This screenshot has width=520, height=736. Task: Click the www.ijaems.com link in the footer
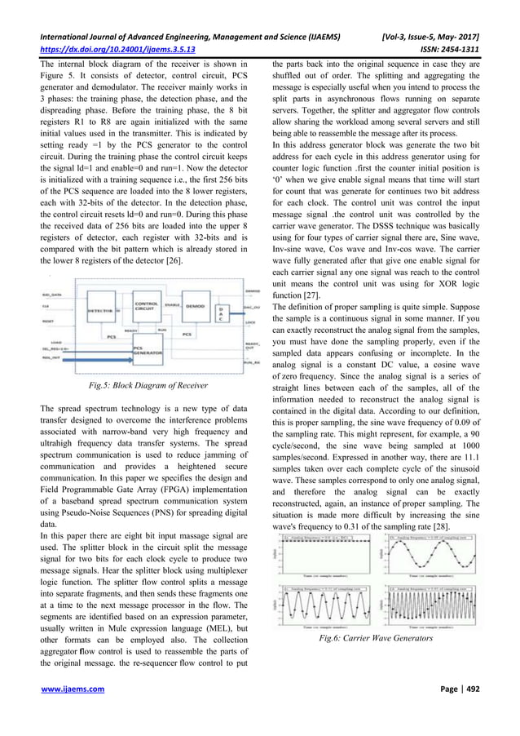pyautogui.click(x=77, y=710)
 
